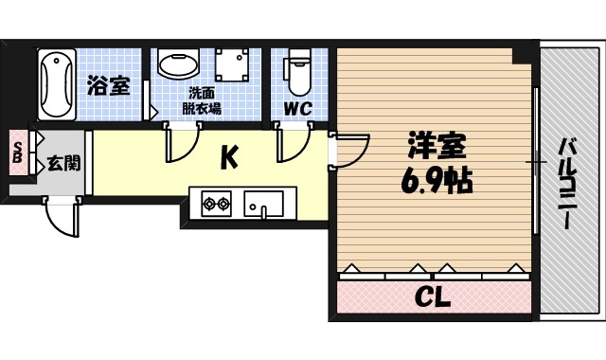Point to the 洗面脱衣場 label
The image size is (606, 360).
204,100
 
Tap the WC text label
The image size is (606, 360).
298,108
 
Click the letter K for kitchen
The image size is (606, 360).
230,155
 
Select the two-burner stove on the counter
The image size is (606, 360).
216,202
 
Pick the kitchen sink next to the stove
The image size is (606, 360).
265,202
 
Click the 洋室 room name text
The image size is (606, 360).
436,147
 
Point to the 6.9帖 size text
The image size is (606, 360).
436,180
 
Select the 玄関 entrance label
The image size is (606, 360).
63,163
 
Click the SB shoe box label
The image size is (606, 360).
17,152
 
